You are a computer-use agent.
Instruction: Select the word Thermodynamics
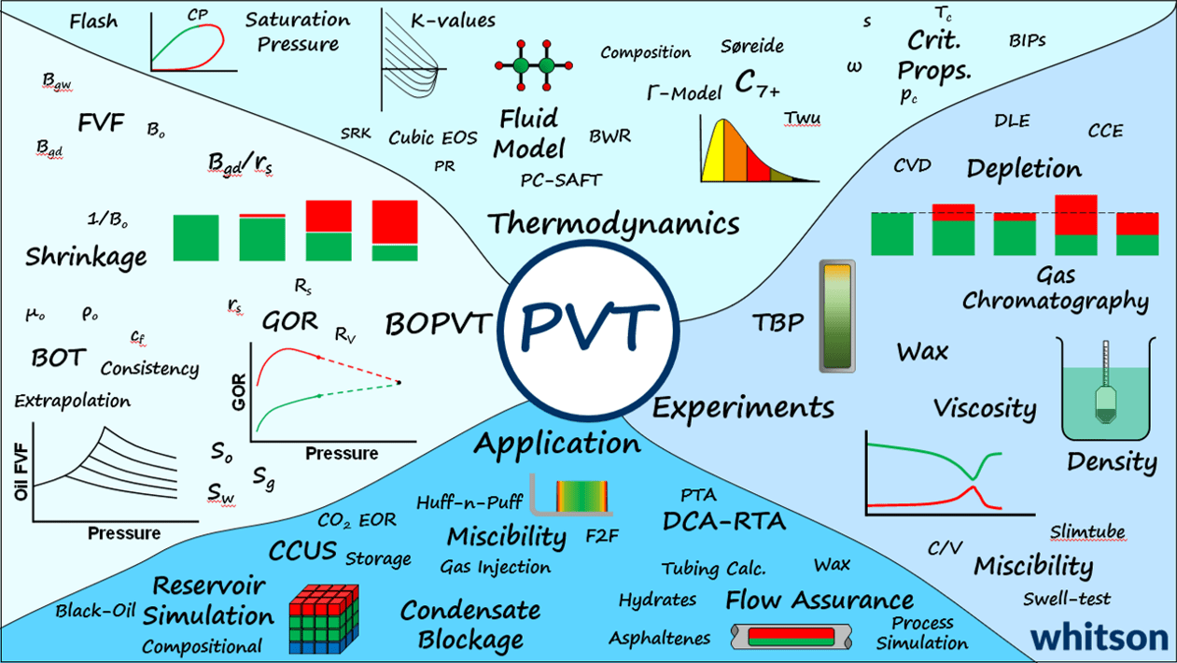point(613,224)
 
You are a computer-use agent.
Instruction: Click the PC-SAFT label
point(561,179)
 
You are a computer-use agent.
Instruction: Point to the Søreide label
point(751,46)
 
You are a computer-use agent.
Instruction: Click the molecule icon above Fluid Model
point(533,65)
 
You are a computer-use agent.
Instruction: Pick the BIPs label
point(1027,41)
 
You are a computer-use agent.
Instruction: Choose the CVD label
point(912,166)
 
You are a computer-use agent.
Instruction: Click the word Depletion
point(1024,169)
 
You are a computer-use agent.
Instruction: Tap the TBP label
point(778,323)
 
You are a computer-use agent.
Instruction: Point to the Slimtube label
point(1087,531)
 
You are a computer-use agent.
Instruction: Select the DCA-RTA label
point(724,520)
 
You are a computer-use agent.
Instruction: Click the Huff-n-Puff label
point(469,501)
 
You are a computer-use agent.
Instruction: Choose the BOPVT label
point(438,324)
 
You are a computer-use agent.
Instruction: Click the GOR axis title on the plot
point(238,392)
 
